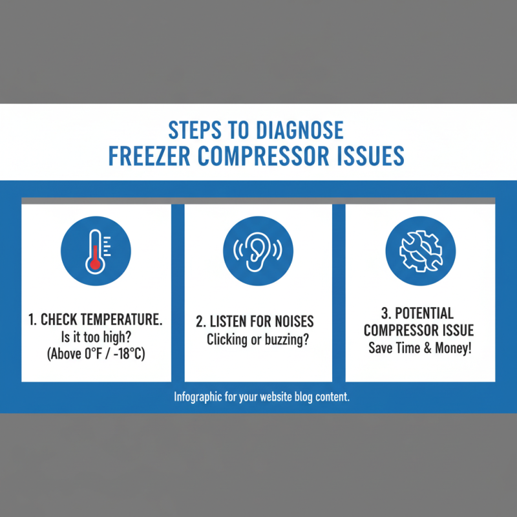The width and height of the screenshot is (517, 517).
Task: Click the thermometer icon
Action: (96, 249)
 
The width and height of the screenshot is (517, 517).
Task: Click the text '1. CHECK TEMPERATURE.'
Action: (96, 320)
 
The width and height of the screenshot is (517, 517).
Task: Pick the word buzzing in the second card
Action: (286, 339)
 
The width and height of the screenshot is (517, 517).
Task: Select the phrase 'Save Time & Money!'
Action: (420, 348)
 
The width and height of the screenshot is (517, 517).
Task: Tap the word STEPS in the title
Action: (193, 131)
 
